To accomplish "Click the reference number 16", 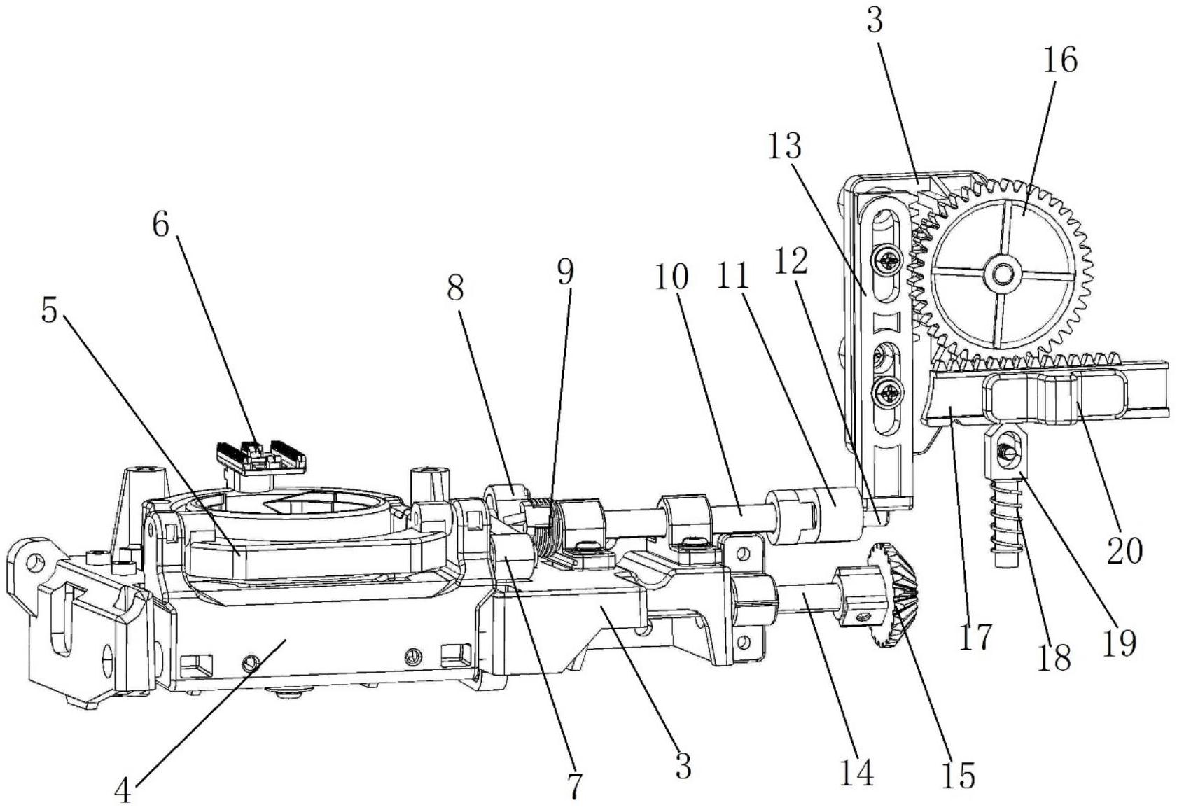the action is (1060, 60).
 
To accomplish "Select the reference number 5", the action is (49, 311).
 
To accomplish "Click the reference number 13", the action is (785, 146).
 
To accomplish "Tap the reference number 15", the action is (959, 775).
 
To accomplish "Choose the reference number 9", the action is (565, 272).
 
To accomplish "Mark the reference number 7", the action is (576, 785).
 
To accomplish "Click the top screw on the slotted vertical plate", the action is (889, 259).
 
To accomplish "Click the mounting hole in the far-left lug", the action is (35, 563).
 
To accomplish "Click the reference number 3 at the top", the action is (874, 20).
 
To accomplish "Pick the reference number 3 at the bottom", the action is (683, 766).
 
